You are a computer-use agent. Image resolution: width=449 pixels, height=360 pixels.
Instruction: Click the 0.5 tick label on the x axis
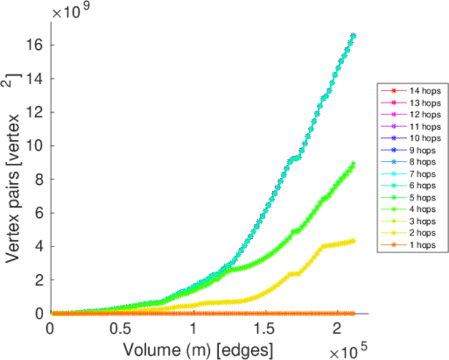[121, 329]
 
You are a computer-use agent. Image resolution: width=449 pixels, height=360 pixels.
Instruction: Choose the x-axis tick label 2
[336, 329]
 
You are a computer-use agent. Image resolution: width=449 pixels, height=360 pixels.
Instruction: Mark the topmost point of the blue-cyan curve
[353, 35]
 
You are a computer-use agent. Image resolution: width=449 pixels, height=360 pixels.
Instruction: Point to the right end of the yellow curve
[353, 241]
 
